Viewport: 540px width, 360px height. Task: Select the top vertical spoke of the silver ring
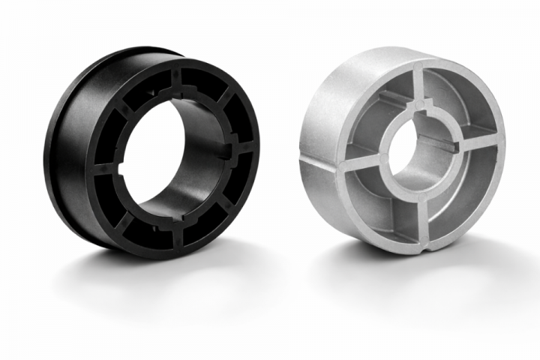[424, 86]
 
